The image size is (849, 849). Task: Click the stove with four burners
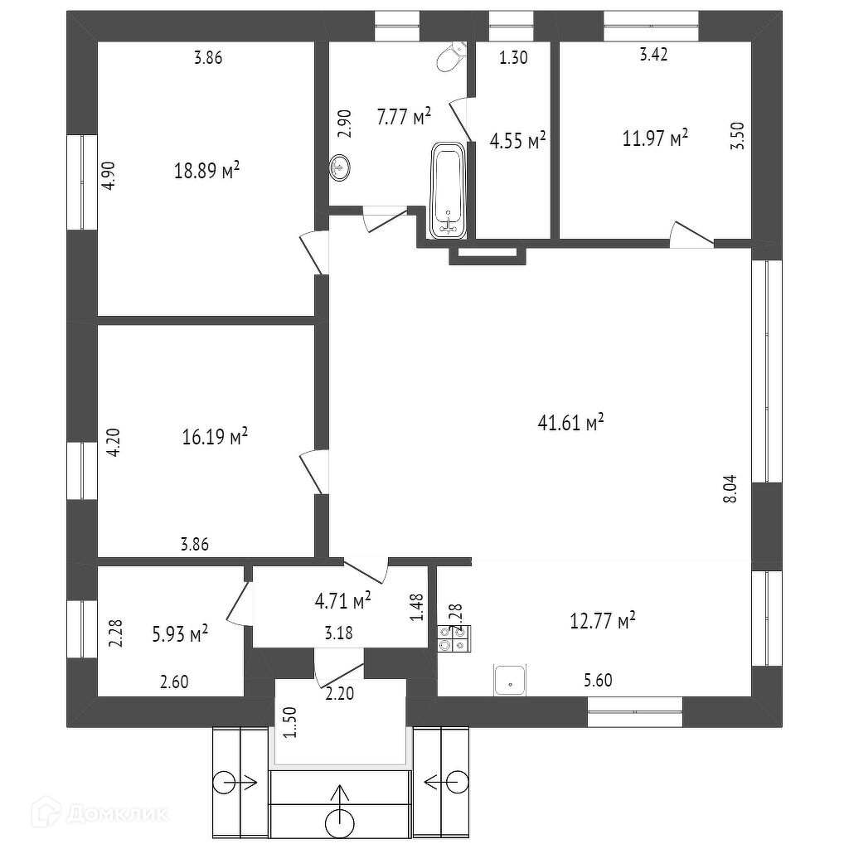[454, 638]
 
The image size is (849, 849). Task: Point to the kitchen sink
[510, 680]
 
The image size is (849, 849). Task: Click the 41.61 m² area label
[571, 423]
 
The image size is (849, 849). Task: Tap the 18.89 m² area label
[207, 171]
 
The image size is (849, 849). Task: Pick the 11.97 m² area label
[656, 138]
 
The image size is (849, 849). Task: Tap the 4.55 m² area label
[517, 141]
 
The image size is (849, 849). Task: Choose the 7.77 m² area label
[404, 117]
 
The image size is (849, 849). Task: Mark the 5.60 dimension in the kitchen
[599, 681]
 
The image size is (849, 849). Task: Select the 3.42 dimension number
[654, 56]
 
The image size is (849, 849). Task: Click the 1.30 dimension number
[513, 57]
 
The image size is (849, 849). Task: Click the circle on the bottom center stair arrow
[340, 823]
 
